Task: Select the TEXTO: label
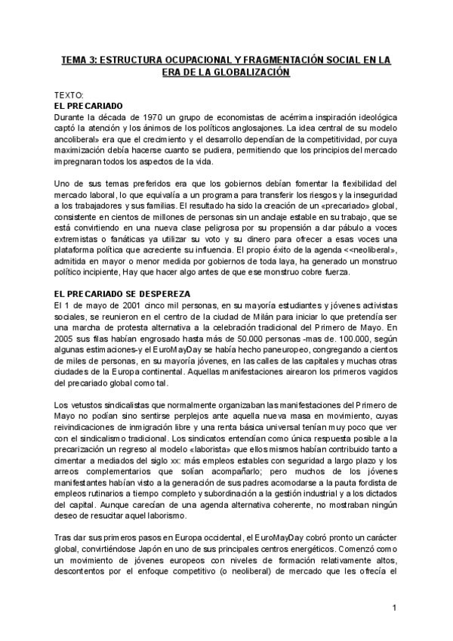pos(70,96)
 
